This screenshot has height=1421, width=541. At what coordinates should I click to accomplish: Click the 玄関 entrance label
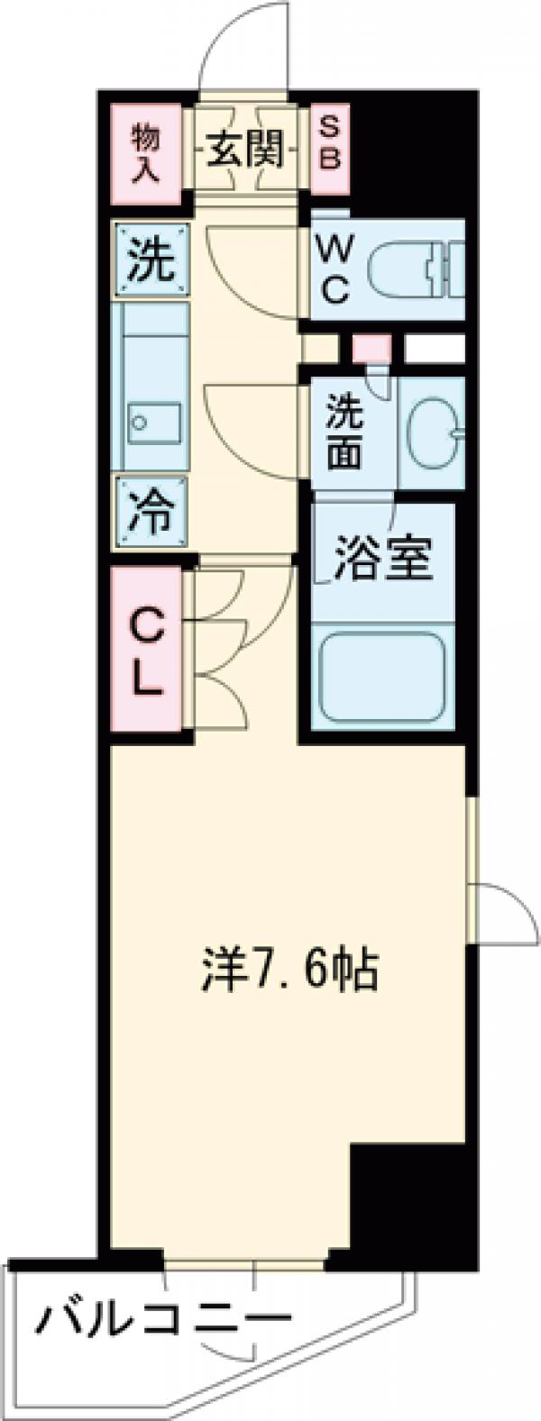tap(245, 150)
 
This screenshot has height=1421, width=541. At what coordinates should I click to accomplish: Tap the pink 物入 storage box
tap(145, 150)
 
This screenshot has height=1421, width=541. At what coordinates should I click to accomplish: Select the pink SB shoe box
tap(329, 149)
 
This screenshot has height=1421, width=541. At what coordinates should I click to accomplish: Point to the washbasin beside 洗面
tap(432, 434)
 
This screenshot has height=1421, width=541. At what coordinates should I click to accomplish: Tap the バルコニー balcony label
tap(162, 1324)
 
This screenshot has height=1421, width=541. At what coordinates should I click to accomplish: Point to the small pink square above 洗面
tap(371, 348)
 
